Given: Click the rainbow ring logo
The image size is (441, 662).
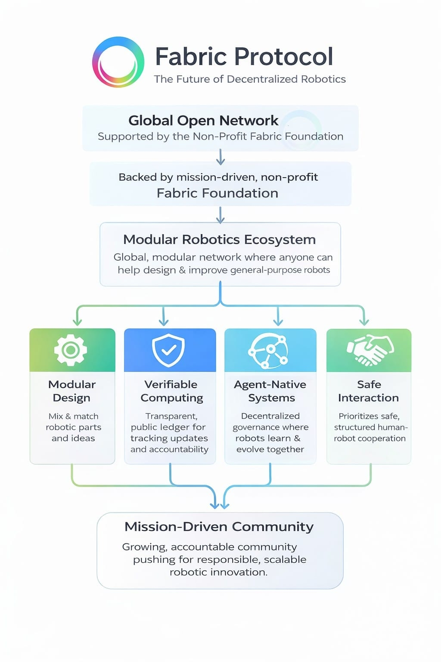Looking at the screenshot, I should pos(118,62).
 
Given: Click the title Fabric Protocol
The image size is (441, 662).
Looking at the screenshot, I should pos(244,56).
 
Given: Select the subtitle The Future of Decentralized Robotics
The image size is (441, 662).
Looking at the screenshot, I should pos(250,79).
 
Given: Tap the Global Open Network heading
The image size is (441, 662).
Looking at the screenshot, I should pos(203,120).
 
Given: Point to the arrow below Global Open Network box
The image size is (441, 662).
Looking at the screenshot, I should pos(220,157).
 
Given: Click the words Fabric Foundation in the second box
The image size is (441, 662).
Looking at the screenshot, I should pos(217,193).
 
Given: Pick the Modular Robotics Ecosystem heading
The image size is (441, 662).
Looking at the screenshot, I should pos(220,240).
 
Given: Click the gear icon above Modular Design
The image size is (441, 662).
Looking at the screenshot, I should pos(71,350).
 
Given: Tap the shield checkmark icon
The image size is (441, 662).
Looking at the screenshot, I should pos(168,350).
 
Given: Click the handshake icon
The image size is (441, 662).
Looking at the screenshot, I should pos(370,350).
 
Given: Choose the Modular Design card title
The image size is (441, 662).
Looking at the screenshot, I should pos(72,391).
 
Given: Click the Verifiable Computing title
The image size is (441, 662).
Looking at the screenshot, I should pos(171,391).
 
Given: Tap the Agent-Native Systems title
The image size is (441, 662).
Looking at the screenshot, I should pos(270,391).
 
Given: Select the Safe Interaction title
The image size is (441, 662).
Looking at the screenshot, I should pos(369,391).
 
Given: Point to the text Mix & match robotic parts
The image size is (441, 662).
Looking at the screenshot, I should pos(73,422).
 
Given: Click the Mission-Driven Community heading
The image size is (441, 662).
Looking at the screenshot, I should pos(219,527).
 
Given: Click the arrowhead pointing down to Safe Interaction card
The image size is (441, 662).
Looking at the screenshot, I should pos(364,322).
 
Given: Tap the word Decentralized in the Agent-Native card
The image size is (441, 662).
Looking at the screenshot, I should pos(270,416).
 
